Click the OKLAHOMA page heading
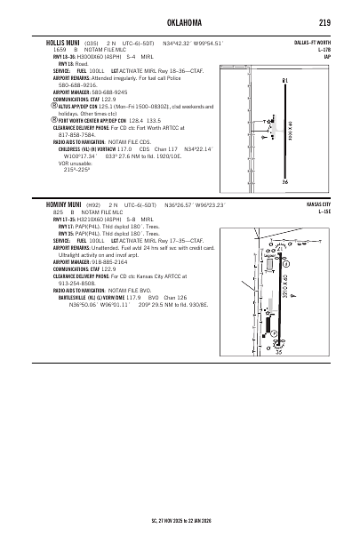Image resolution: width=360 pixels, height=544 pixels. click(x=179, y=24)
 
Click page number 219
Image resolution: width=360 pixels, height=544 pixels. click(x=325, y=24)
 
